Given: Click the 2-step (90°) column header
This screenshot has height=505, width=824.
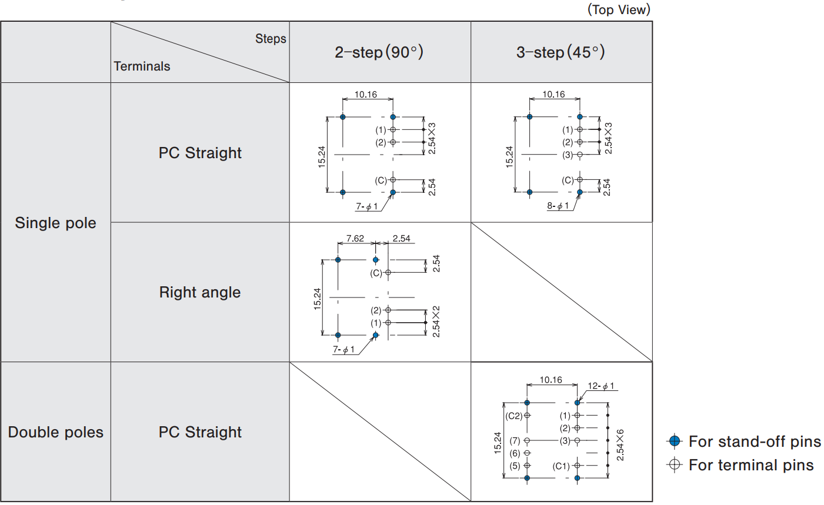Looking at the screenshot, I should (x=379, y=52).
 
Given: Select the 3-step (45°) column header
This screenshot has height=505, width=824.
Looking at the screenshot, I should (x=561, y=52).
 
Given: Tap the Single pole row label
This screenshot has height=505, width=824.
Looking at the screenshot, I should (x=55, y=223).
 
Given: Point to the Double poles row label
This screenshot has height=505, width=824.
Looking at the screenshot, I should (x=55, y=432).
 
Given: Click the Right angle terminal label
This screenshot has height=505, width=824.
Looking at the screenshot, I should (x=200, y=292).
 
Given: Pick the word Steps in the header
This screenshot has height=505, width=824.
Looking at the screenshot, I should (x=271, y=39).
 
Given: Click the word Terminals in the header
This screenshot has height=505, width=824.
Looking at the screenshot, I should (x=142, y=66).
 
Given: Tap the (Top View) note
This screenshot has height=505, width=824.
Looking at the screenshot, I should (x=619, y=9).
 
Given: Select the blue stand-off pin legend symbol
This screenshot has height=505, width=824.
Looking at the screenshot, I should (x=675, y=441).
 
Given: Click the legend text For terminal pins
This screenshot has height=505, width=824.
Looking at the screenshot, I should (x=751, y=465).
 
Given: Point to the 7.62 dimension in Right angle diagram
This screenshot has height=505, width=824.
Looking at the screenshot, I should (x=355, y=238).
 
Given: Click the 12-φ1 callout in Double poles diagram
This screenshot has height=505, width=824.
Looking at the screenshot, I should (x=601, y=386).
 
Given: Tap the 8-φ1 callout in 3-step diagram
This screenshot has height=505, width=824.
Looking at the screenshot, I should (x=558, y=206).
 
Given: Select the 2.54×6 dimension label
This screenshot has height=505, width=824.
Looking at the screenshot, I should (x=620, y=444).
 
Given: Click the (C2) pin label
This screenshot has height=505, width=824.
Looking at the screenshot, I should (x=514, y=416).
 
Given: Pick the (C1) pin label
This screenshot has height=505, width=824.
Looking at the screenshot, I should (x=561, y=466).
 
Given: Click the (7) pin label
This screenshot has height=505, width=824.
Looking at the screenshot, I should (x=515, y=440).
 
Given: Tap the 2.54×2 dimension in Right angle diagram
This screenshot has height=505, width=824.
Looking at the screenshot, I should (x=436, y=321).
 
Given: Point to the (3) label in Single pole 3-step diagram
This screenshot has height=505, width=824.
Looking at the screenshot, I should (x=567, y=155).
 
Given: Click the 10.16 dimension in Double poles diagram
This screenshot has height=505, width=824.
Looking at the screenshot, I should (x=551, y=380).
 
